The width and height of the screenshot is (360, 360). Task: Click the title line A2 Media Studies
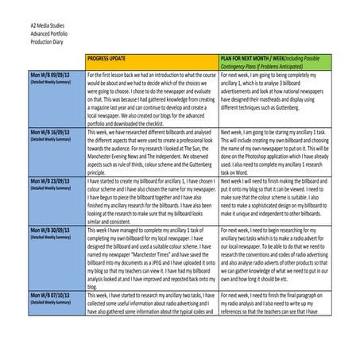coord(32,26)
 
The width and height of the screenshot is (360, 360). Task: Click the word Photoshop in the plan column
coord(258,159)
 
